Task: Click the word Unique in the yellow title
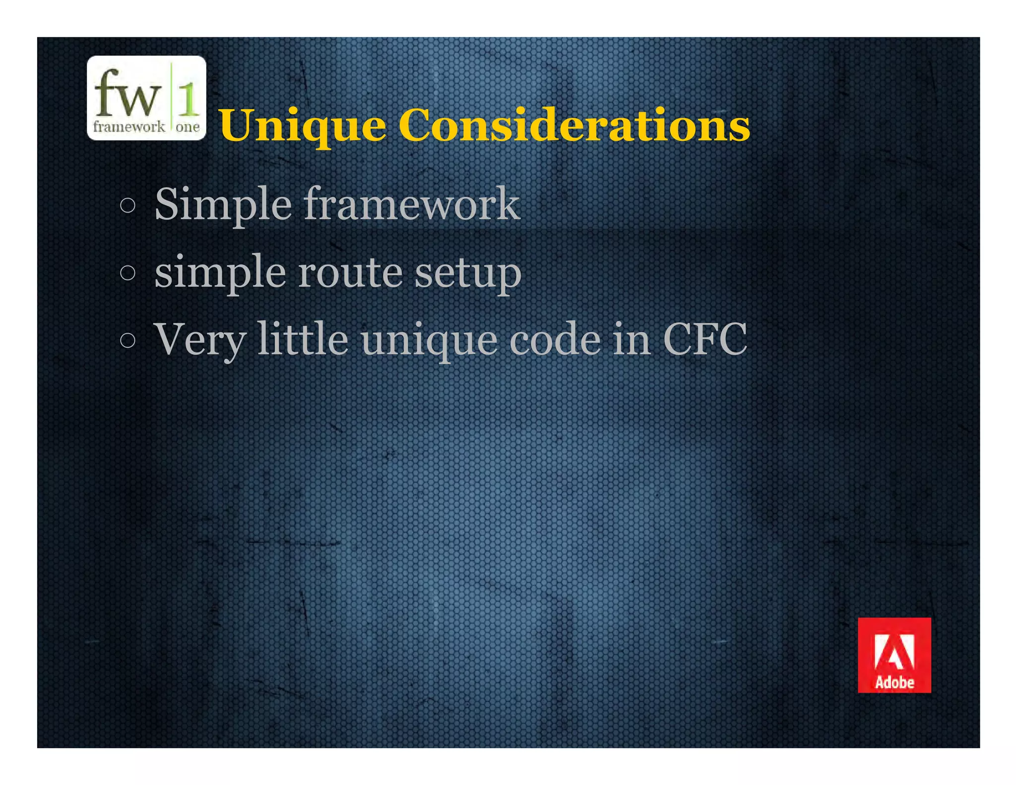pyautogui.click(x=303, y=126)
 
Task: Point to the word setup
pyautogui.click(x=468, y=273)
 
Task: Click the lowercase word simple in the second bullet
pyautogui.click(x=220, y=273)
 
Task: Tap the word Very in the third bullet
pyautogui.click(x=199, y=340)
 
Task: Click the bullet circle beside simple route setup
pyautogui.click(x=127, y=273)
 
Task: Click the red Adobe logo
pyautogui.click(x=894, y=655)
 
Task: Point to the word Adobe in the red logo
pyautogui.click(x=894, y=683)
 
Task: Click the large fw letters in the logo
pyautogui.click(x=127, y=93)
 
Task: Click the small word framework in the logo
pyautogui.click(x=129, y=127)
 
